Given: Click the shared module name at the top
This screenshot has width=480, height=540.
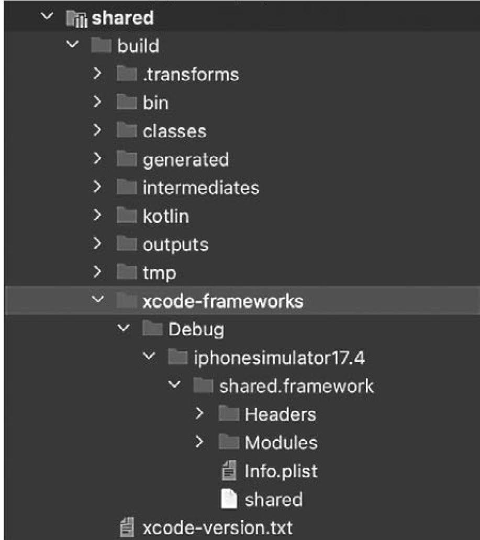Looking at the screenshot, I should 122,18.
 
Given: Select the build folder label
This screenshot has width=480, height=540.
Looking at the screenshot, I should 138,46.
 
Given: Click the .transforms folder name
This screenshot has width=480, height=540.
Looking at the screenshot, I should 191,74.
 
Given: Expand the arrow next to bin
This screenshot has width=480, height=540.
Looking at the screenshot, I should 97,102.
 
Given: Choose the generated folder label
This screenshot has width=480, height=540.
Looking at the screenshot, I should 186,159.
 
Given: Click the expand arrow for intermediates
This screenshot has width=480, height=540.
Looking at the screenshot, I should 97,187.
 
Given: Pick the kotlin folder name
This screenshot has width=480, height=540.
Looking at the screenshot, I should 166,216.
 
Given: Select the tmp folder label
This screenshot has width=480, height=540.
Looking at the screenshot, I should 159,272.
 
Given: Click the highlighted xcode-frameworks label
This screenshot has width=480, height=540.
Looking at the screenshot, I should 222,301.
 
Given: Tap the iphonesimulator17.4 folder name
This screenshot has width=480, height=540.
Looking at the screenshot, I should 279,358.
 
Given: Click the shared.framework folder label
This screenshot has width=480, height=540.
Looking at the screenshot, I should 296,387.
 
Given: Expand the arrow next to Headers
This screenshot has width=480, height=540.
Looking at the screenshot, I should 199,414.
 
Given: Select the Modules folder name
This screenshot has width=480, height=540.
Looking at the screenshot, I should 281,443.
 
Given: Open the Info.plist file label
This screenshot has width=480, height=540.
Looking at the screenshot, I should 281,471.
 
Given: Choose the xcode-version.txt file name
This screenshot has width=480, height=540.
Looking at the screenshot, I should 218,527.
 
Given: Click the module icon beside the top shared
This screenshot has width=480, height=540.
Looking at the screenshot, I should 76,18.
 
